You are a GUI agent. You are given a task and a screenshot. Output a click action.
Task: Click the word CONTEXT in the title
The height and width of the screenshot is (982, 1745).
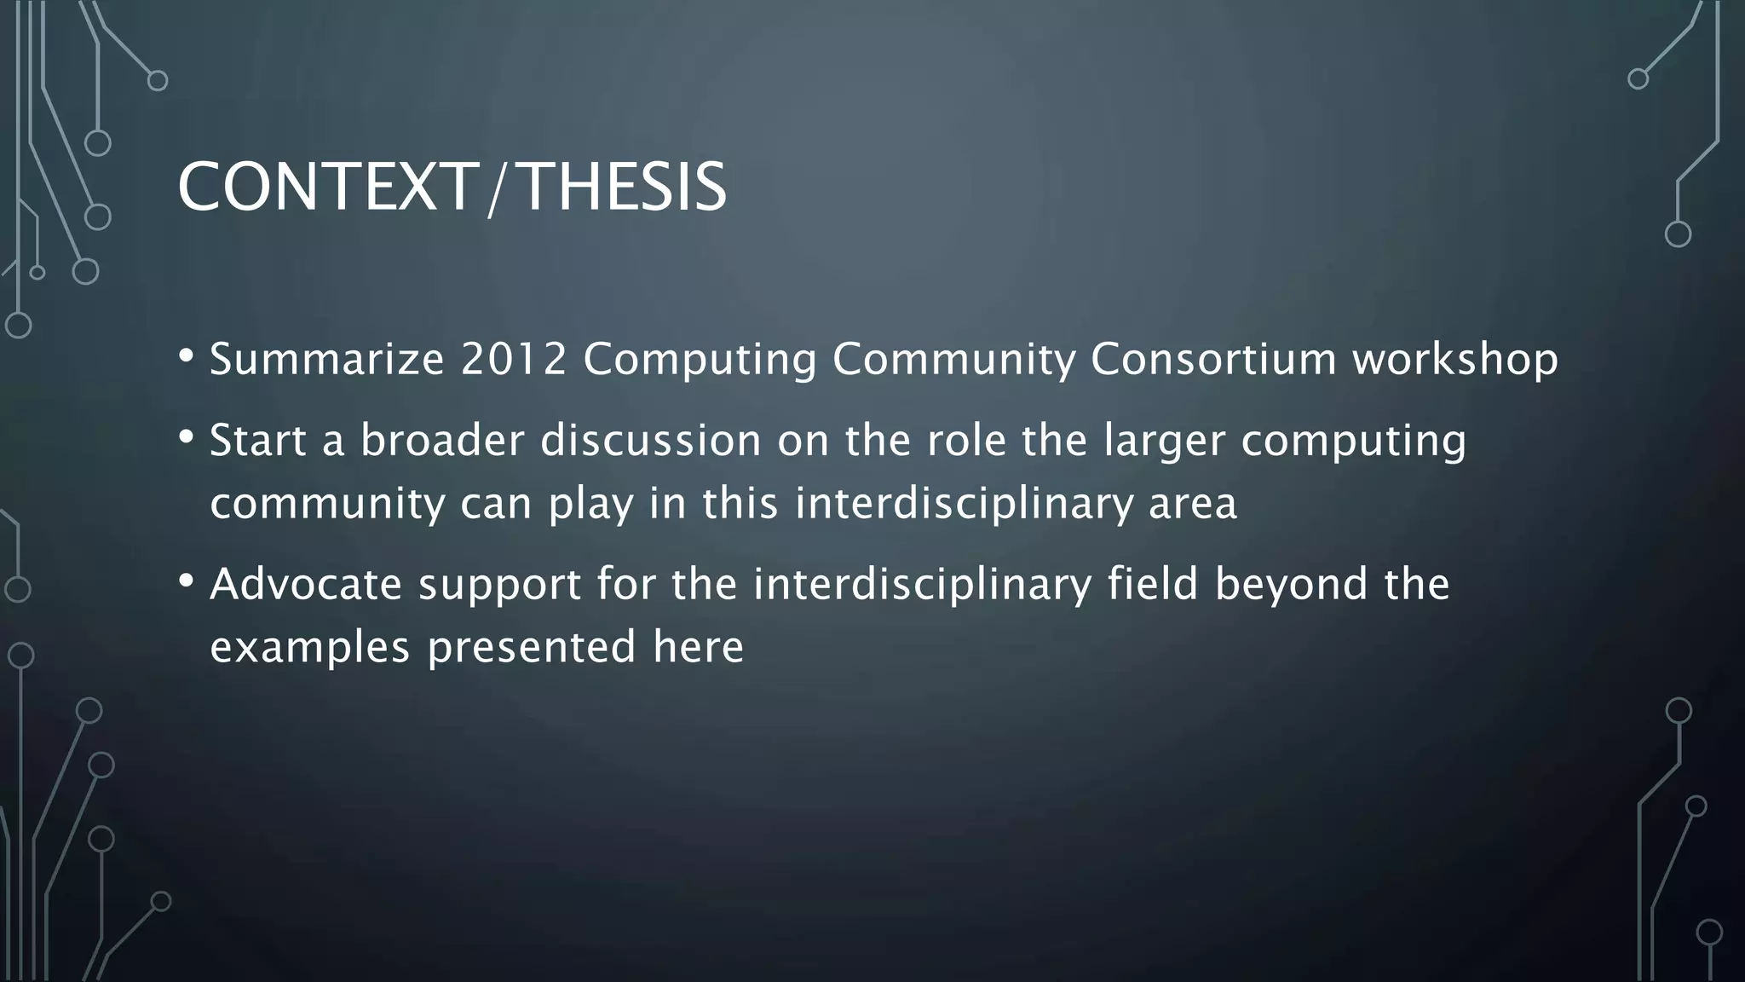325,188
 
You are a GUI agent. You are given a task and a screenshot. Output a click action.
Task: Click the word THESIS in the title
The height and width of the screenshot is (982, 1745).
623,188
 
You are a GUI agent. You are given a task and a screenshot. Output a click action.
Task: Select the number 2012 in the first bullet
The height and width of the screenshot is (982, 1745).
514,359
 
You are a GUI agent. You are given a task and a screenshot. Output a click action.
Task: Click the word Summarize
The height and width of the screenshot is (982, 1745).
327,359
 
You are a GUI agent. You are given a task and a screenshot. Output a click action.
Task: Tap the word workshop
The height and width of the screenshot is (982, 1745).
1455,359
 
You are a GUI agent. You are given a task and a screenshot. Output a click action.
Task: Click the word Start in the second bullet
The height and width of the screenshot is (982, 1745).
258,441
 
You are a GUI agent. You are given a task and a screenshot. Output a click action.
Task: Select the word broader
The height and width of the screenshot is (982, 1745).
442,441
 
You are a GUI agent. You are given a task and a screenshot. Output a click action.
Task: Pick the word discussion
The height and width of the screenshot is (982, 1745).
651,441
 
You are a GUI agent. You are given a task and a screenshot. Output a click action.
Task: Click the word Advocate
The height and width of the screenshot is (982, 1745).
306,585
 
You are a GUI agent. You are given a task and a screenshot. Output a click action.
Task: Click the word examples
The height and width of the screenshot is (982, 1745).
310,648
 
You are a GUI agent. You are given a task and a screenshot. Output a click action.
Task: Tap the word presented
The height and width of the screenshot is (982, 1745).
532,648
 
